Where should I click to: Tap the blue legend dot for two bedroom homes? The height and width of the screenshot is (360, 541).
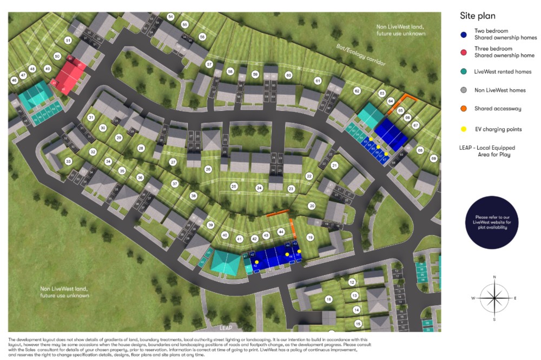(x=464, y=35)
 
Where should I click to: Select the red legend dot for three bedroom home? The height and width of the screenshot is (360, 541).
(x=464, y=52)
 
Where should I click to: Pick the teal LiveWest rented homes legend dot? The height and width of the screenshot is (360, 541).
(x=464, y=71)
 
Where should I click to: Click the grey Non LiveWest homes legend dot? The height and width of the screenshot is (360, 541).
(x=464, y=90)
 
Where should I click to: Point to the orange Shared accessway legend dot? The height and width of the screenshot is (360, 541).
(x=464, y=109)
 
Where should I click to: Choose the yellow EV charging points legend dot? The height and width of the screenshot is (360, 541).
(x=464, y=129)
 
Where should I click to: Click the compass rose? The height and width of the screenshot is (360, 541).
(x=494, y=298)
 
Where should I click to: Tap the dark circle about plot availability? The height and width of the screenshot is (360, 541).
(x=491, y=222)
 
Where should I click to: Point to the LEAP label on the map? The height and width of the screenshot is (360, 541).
(x=226, y=328)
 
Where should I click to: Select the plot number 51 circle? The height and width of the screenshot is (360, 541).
(x=68, y=41)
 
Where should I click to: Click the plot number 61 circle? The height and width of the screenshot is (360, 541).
(x=318, y=81)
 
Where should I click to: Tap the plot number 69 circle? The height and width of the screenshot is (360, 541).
(x=433, y=158)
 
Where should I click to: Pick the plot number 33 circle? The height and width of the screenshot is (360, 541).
(x=68, y=161)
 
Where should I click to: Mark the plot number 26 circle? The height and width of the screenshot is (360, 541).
(x=208, y=169)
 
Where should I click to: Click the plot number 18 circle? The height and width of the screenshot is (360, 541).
(x=328, y=299)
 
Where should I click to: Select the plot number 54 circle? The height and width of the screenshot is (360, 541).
(x=171, y=17)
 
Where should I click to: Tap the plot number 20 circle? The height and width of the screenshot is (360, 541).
(x=312, y=206)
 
